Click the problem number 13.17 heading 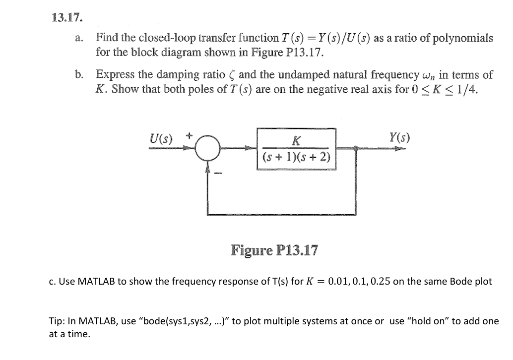pyautogui.click(x=67, y=18)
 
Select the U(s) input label pyautogui.click(x=161, y=137)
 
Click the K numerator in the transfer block pyautogui.click(x=296, y=140)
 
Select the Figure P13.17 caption pyautogui.click(x=274, y=250)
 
